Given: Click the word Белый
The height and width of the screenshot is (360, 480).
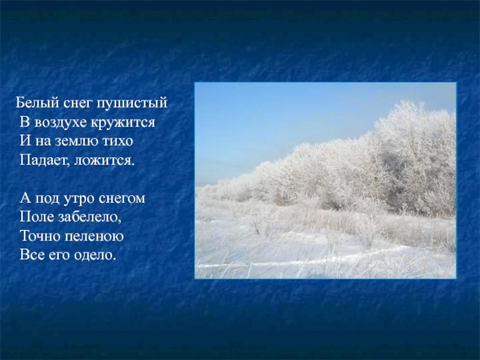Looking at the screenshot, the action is pyautogui.click(x=37, y=103).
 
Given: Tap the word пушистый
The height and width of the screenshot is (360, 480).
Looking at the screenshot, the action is pyautogui.click(x=132, y=103).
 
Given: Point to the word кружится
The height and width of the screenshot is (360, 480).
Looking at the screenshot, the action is pyautogui.click(x=123, y=123).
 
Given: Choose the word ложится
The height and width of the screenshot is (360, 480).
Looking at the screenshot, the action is pyautogui.click(x=104, y=161).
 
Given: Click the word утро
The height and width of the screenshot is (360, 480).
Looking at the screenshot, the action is pyautogui.click(x=79, y=199).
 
